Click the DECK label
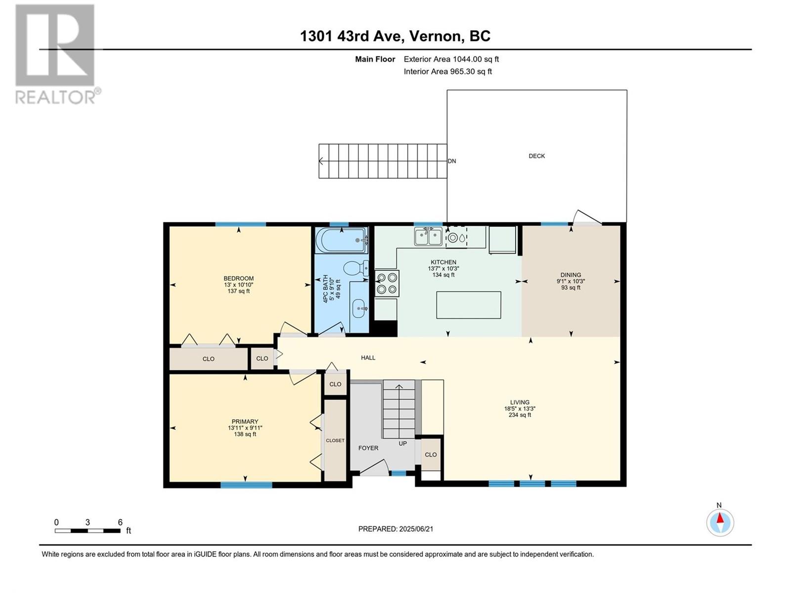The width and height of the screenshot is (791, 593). tap(536, 156)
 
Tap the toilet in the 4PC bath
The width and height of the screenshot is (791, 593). tap(355, 268)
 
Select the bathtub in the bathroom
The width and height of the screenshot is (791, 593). tap(341, 240)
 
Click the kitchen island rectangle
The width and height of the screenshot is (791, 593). tap(468, 305)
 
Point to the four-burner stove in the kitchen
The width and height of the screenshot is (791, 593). tap(387, 283)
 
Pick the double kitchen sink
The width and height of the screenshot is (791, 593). tap(428, 237)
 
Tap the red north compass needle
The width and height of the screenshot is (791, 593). tap(720, 518)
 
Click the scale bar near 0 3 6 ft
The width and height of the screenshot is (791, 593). tap(88, 530)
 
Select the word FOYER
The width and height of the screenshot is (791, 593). tap(368, 448)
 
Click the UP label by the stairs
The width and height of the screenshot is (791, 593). tap(402, 443)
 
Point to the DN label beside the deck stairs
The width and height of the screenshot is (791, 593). tap(451, 161)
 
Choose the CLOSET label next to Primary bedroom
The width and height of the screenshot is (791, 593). tap(335, 440)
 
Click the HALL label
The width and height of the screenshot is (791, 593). tap(368, 357)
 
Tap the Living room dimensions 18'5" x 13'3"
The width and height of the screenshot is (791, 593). tap(520, 409)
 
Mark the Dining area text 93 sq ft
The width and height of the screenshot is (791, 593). tap(571, 287)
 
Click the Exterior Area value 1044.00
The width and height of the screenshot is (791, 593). tap(467, 59)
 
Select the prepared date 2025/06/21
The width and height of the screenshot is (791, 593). tap(416, 529)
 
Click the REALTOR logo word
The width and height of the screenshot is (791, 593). tap(55, 97)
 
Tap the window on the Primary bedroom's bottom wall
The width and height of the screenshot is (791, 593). tap(246, 485)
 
